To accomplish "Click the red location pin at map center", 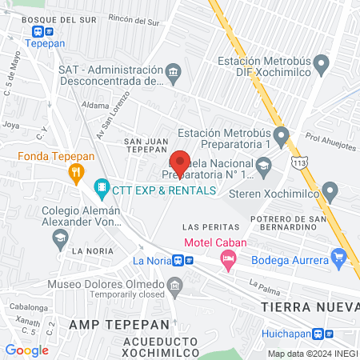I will [x=180, y=162].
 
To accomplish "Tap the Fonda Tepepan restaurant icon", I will [x=76, y=170].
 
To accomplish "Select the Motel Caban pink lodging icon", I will [x=229, y=258].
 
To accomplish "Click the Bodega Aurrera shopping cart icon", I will [x=339, y=258].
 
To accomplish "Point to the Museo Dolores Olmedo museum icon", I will [x=174, y=285].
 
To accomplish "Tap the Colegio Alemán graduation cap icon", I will [x=60, y=237].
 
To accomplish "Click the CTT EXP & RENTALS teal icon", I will [x=102, y=190].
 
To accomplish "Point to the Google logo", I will [x=26, y=350].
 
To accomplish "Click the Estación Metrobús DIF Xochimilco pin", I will [x=322, y=62].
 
